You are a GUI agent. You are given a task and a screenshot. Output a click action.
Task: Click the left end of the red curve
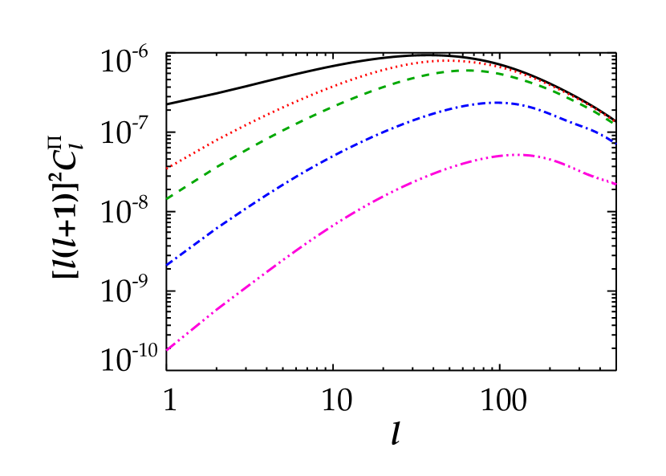167,169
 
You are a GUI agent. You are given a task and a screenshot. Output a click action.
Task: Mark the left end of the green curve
167,198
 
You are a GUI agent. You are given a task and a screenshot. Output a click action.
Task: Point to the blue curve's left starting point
167,264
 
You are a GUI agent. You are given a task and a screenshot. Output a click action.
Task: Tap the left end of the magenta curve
167,350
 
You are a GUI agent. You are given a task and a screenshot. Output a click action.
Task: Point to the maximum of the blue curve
497,102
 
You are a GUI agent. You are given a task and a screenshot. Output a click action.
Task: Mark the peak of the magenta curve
518,154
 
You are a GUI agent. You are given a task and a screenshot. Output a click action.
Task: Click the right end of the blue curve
615,142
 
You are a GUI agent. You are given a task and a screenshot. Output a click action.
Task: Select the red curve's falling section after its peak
546,81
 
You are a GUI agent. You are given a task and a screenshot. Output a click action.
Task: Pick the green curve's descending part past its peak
554,89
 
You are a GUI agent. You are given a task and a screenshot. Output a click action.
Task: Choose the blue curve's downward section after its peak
570,120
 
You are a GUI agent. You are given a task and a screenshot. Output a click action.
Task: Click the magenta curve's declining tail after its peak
578,169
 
